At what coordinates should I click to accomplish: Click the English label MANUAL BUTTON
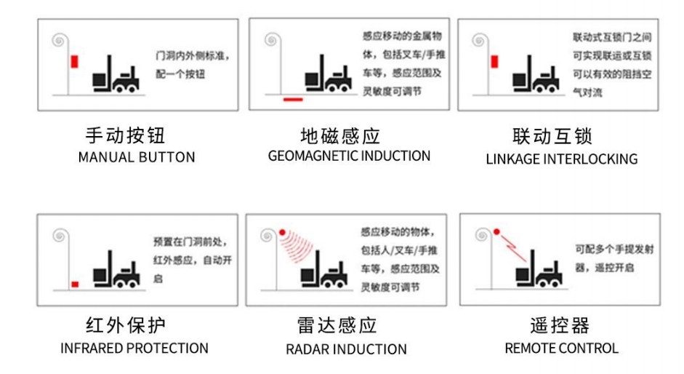coord(137,157)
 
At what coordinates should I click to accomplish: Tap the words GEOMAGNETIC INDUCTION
coord(349,156)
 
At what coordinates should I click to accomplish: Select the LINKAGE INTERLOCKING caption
coord(562,159)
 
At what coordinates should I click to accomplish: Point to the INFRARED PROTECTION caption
coord(134,349)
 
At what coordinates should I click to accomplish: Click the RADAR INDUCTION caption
coord(347,349)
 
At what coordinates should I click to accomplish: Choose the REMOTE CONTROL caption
coord(562,349)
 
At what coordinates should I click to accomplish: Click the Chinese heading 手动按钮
coord(125,136)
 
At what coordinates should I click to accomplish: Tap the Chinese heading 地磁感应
coord(340,136)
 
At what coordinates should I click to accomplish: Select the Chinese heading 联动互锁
coord(552,136)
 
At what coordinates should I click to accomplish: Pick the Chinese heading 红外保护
coord(126,325)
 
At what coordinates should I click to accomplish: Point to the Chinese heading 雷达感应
coord(337,325)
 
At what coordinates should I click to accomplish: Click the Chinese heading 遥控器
coord(560,325)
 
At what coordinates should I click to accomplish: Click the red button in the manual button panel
coord(75,62)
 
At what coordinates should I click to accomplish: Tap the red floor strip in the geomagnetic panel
coord(293,100)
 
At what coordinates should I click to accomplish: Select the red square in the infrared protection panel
coord(75,285)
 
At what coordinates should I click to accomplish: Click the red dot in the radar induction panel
coord(282,232)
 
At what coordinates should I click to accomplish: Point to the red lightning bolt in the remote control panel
coord(514,248)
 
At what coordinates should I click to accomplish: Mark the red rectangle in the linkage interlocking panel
coord(494,62)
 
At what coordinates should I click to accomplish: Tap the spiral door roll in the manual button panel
coord(60,41)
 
